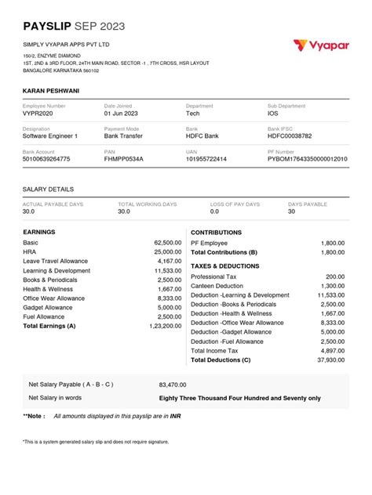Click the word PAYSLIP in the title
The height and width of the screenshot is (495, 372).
pyautogui.click(x=48, y=27)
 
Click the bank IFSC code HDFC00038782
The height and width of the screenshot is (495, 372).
pyautogui.click(x=290, y=136)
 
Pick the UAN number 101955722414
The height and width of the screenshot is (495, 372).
pyautogui.click(x=206, y=159)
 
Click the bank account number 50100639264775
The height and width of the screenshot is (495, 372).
pyautogui.click(x=46, y=159)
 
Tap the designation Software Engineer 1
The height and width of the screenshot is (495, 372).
pyautogui.click(x=50, y=136)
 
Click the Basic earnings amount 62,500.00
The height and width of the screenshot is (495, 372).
pyautogui.click(x=167, y=244)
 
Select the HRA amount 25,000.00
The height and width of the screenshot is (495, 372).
pyautogui.click(x=167, y=252)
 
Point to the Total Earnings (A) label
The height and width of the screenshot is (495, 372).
pyautogui.click(x=49, y=325)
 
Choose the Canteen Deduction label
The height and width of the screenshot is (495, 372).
pyautogui.click(x=217, y=286)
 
